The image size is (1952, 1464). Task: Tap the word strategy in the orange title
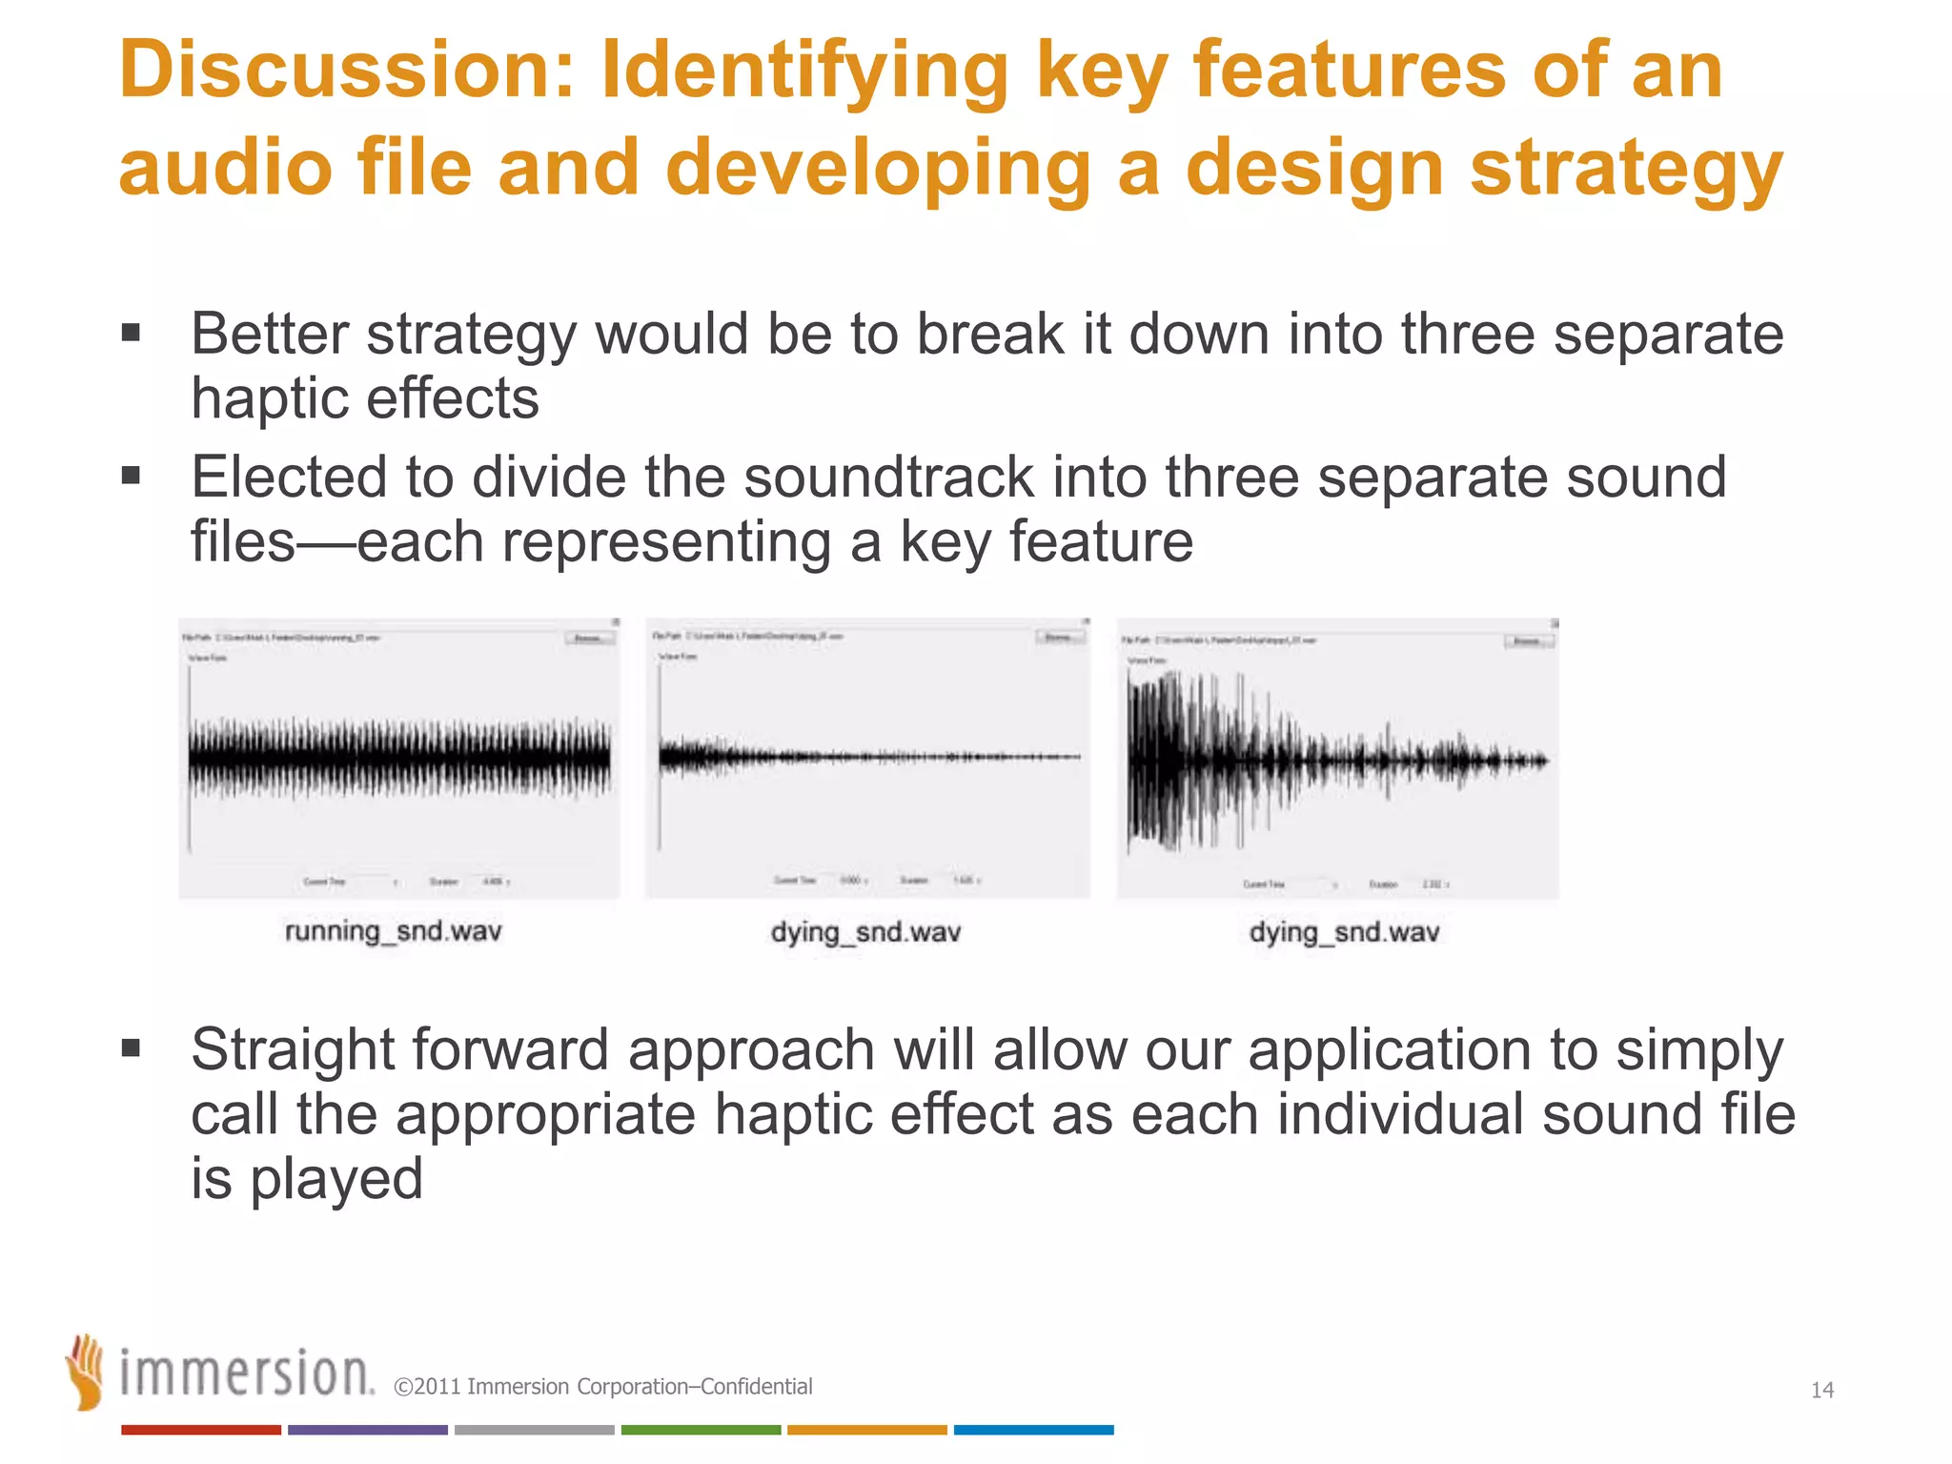1626,169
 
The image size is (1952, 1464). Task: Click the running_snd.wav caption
393,930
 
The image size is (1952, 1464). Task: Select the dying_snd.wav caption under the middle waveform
865,931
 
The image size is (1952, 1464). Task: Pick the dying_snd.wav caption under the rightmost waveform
1344,931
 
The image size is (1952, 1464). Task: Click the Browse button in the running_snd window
588,638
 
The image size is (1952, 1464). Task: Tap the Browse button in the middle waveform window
1059,636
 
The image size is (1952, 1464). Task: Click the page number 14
1821,1390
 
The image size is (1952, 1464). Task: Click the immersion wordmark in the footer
246,1374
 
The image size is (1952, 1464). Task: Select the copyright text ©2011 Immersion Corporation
602,1387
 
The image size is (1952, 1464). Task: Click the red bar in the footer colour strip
201,1430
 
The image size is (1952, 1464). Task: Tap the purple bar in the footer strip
368,1430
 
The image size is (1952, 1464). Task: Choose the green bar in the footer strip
701,1430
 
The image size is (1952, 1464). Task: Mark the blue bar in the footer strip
1033,1430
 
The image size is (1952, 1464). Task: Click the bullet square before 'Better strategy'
132,334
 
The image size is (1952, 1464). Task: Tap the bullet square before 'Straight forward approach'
132,1049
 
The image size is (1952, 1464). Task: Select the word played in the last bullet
335,1179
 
